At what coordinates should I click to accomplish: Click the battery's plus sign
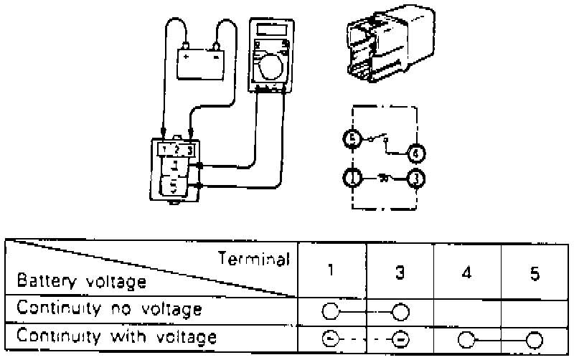(x=187, y=55)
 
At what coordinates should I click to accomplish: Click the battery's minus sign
(x=215, y=55)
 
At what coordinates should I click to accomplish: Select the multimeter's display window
(x=270, y=31)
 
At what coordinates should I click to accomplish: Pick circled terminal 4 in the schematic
(x=416, y=152)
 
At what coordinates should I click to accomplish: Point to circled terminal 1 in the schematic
(x=352, y=177)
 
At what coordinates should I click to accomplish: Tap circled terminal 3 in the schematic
(x=416, y=177)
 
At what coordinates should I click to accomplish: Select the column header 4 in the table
(x=466, y=273)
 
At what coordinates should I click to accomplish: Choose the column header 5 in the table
(x=535, y=273)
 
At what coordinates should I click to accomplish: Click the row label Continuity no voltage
(x=109, y=310)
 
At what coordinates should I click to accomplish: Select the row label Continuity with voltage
(x=116, y=336)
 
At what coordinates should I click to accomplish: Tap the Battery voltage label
(x=81, y=282)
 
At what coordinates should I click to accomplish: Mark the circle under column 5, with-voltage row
(x=535, y=338)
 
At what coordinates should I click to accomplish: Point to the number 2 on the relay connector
(x=176, y=150)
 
